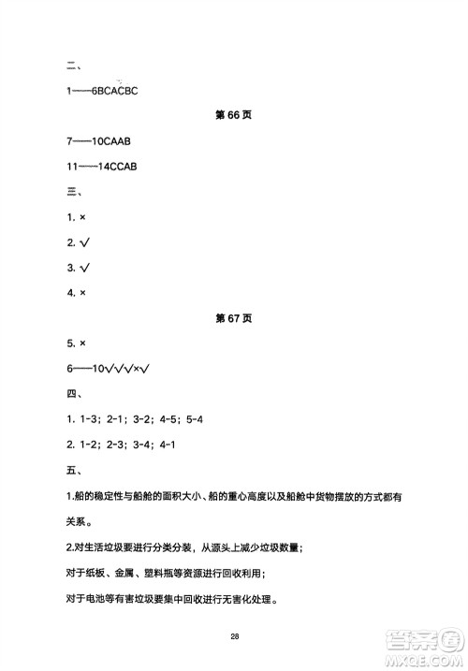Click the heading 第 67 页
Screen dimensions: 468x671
point(234,318)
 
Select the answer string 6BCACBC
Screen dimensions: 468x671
point(113,91)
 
